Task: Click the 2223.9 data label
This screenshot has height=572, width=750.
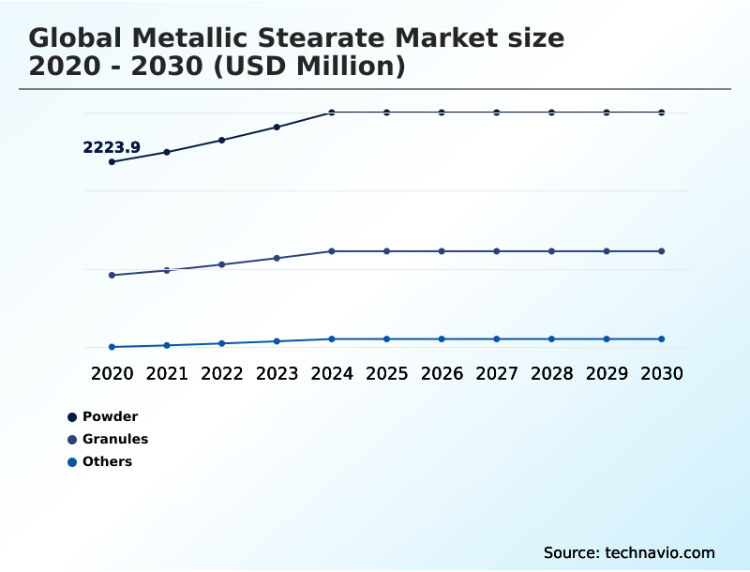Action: coord(112,147)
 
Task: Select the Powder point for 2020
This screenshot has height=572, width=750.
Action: coord(112,162)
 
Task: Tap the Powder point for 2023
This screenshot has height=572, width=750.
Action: coord(277,127)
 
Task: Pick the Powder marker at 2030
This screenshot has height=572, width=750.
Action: coord(662,113)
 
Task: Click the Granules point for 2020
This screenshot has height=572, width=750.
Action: coord(112,275)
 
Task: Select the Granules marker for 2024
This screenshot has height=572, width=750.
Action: coord(332,251)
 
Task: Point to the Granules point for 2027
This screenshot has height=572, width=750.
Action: coord(497,251)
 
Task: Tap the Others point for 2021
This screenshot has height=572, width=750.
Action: coord(167,345)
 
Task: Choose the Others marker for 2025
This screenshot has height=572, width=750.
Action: coord(386,339)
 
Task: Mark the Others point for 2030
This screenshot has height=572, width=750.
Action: coord(662,339)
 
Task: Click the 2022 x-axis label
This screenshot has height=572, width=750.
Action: coord(222,373)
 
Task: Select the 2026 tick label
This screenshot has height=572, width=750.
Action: coord(442,373)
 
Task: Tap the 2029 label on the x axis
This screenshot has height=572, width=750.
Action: coord(607,373)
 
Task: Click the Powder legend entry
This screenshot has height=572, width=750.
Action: coord(110,416)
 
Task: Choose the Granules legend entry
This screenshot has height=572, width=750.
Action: coord(114,439)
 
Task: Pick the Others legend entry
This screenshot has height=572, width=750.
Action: coord(107,461)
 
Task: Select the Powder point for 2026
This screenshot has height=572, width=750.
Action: coord(442,113)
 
